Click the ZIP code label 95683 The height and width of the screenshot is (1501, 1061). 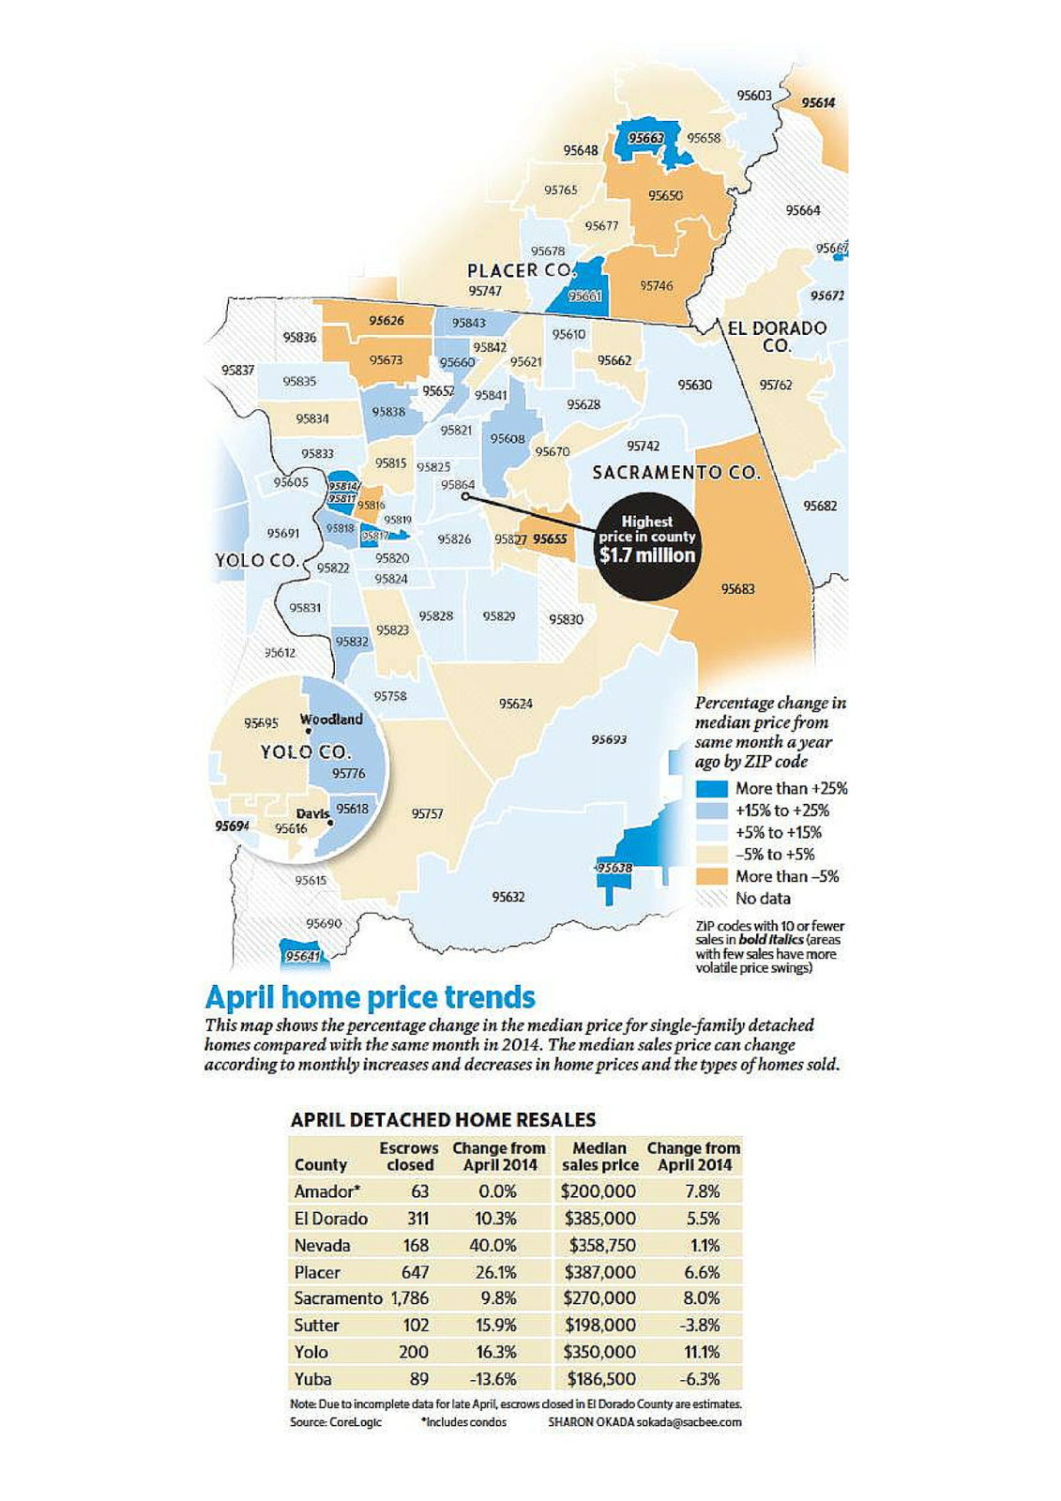click(737, 589)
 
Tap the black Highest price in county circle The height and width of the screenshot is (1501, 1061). click(647, 546)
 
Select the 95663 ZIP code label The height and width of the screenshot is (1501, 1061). click(645, 138)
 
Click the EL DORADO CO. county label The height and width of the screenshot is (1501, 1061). click(777, 336)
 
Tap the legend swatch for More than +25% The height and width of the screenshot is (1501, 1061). click(712, 789)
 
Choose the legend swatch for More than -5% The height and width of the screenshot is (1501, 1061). click(712, 876)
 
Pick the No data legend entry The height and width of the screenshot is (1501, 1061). click(763, 899)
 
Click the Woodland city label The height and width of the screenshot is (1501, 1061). click(331, 720)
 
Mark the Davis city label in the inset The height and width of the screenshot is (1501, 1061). click(312, 813)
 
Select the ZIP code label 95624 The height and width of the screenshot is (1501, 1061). click(515, 704)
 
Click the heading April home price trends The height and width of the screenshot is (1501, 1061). click(370, 996)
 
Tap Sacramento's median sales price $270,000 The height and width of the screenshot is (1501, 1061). click(599, 1298)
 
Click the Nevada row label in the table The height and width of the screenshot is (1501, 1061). click(322, 1245)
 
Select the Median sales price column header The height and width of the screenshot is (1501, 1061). click(599, 1156)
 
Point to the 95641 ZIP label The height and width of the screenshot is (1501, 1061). click(302, 956)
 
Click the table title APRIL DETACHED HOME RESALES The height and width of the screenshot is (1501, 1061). click(443, 1119)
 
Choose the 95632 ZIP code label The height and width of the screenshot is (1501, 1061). click(508, 897)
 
